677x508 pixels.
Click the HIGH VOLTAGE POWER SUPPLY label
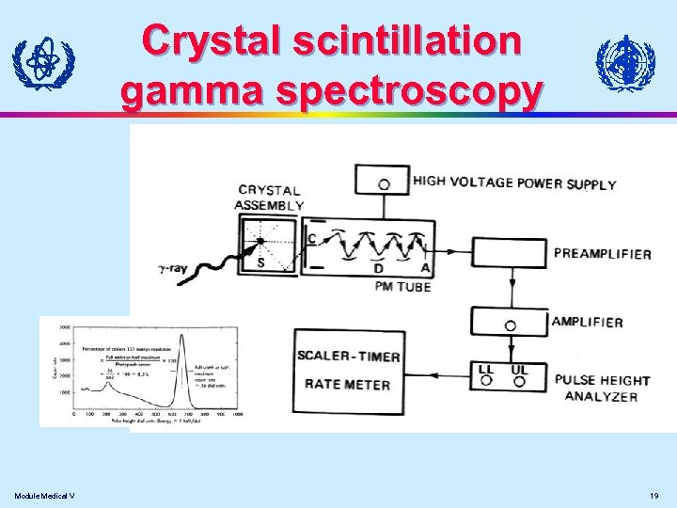[x=514, y=183]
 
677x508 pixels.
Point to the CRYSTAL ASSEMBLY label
[x=270, y=198]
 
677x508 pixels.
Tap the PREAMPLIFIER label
[x=603, y=253]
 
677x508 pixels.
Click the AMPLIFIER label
[x=587, y=322]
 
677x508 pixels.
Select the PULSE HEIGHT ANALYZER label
[x=601, y=388]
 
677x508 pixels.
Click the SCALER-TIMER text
[x=348, y=357]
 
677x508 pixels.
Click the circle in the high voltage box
[x=384, y=184]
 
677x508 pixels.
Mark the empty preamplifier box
[x=509, y=253]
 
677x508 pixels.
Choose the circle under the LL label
[x=486, y=382]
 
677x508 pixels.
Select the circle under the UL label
[x=518, y=382]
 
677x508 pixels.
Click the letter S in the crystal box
[x=260, y=263]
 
